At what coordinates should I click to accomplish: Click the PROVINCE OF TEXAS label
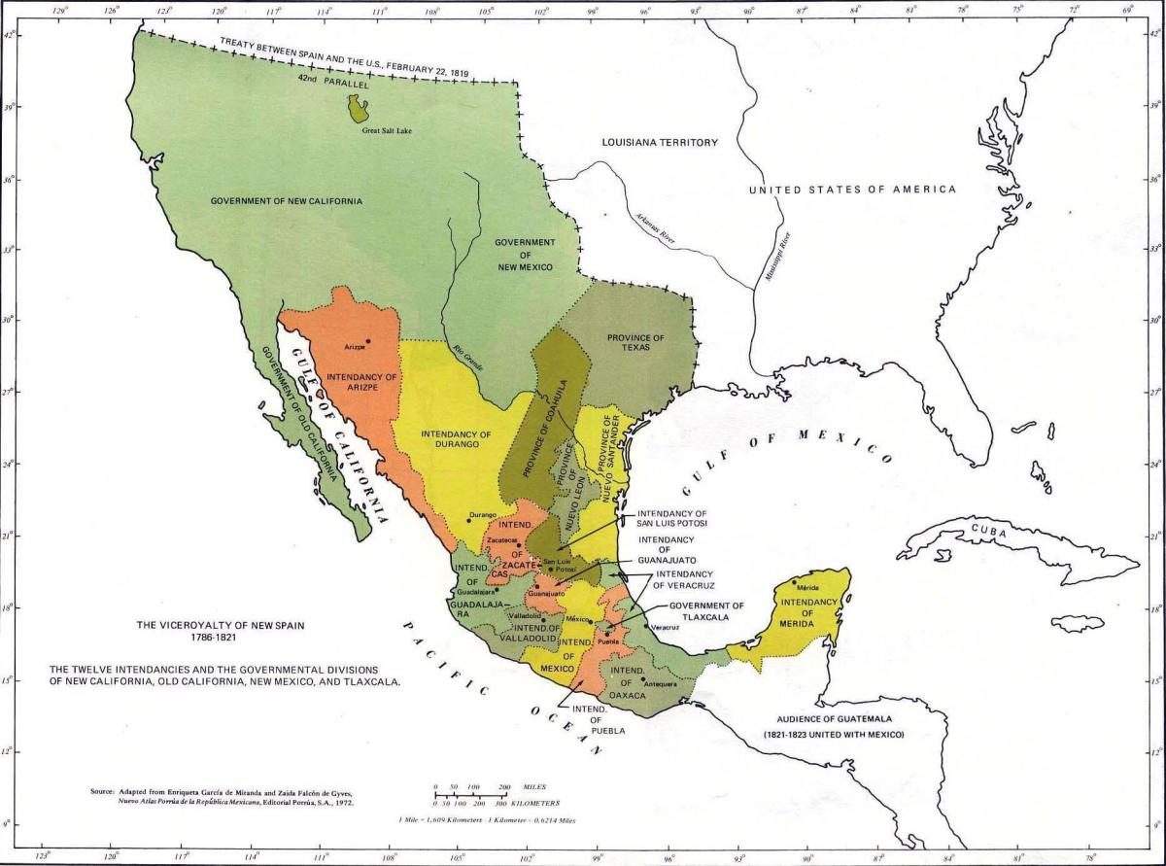635,343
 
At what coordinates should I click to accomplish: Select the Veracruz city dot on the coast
646,625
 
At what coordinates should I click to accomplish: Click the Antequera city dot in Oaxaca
642,679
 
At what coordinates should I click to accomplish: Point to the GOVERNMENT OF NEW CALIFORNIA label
287,201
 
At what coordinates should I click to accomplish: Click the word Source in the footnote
102,792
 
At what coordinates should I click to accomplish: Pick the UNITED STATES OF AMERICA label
852,190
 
